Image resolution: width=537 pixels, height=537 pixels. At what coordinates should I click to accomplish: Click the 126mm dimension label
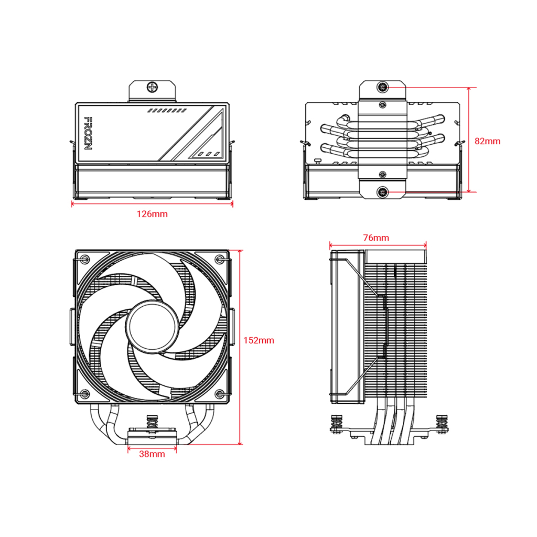(x=152, y=214)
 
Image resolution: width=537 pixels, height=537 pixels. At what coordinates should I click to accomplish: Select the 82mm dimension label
(x=487, y=141)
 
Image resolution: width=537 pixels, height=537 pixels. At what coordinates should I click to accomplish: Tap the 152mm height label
(x=259, y=340)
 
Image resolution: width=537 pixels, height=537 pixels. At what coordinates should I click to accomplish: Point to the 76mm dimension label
(x=376, y=238)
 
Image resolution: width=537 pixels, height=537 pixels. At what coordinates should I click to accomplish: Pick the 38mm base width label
(x=152, y=454)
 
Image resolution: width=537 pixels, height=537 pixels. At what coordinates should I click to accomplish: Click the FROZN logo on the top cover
(x=88, y=133)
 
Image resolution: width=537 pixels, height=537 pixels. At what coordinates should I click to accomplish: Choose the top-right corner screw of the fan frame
(x=220, y=259)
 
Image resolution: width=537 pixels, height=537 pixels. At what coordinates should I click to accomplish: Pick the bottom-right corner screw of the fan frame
(x=220, y=393)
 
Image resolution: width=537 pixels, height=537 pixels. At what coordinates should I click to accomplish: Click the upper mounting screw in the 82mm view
(x=383, y=87)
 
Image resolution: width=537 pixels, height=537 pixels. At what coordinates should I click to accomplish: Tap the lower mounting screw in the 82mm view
(x=383, y=192)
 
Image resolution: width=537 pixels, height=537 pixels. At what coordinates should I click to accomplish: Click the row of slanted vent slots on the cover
(x=167, y=111)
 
